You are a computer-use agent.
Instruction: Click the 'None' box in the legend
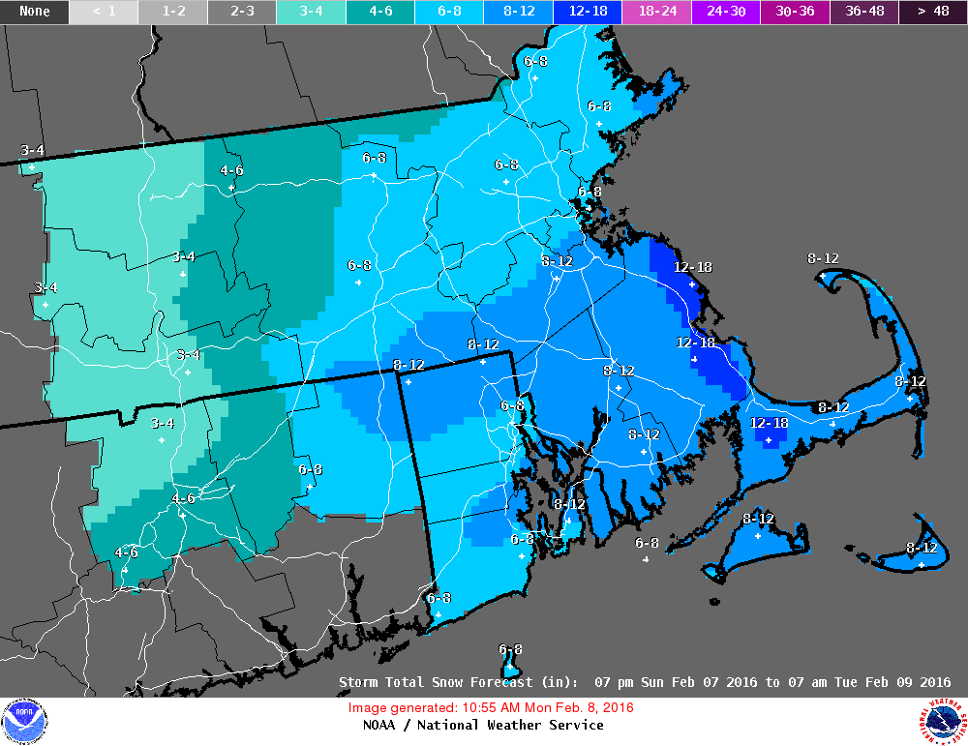point(35,12)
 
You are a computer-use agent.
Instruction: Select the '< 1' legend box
point(104,12)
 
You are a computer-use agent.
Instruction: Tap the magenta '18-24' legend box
point(656,12)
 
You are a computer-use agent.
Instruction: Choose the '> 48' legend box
point(933,12)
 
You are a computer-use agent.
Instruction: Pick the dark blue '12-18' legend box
point(588,12)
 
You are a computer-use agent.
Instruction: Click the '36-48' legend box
point(863,12)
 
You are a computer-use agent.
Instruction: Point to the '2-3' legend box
point(242,12)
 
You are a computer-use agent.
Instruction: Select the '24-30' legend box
point(726,12)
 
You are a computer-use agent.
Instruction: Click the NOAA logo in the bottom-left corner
point(24,721)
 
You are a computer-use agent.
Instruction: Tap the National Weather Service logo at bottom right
point(944,721)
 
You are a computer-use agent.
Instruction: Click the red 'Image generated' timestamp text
point(491,707)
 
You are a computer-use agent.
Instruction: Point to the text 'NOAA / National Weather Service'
point(483,725)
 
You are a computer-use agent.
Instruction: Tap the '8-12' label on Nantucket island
point(922,548)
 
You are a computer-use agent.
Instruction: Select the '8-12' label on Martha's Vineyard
point(758,520)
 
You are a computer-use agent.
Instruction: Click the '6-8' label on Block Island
point(510,649)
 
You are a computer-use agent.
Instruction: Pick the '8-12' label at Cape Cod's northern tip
point(823,258)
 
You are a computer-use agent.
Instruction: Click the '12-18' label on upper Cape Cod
point(770,423)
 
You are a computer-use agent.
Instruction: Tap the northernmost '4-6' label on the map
point(231,171)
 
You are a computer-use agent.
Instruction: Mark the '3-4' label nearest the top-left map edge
point(32,150)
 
